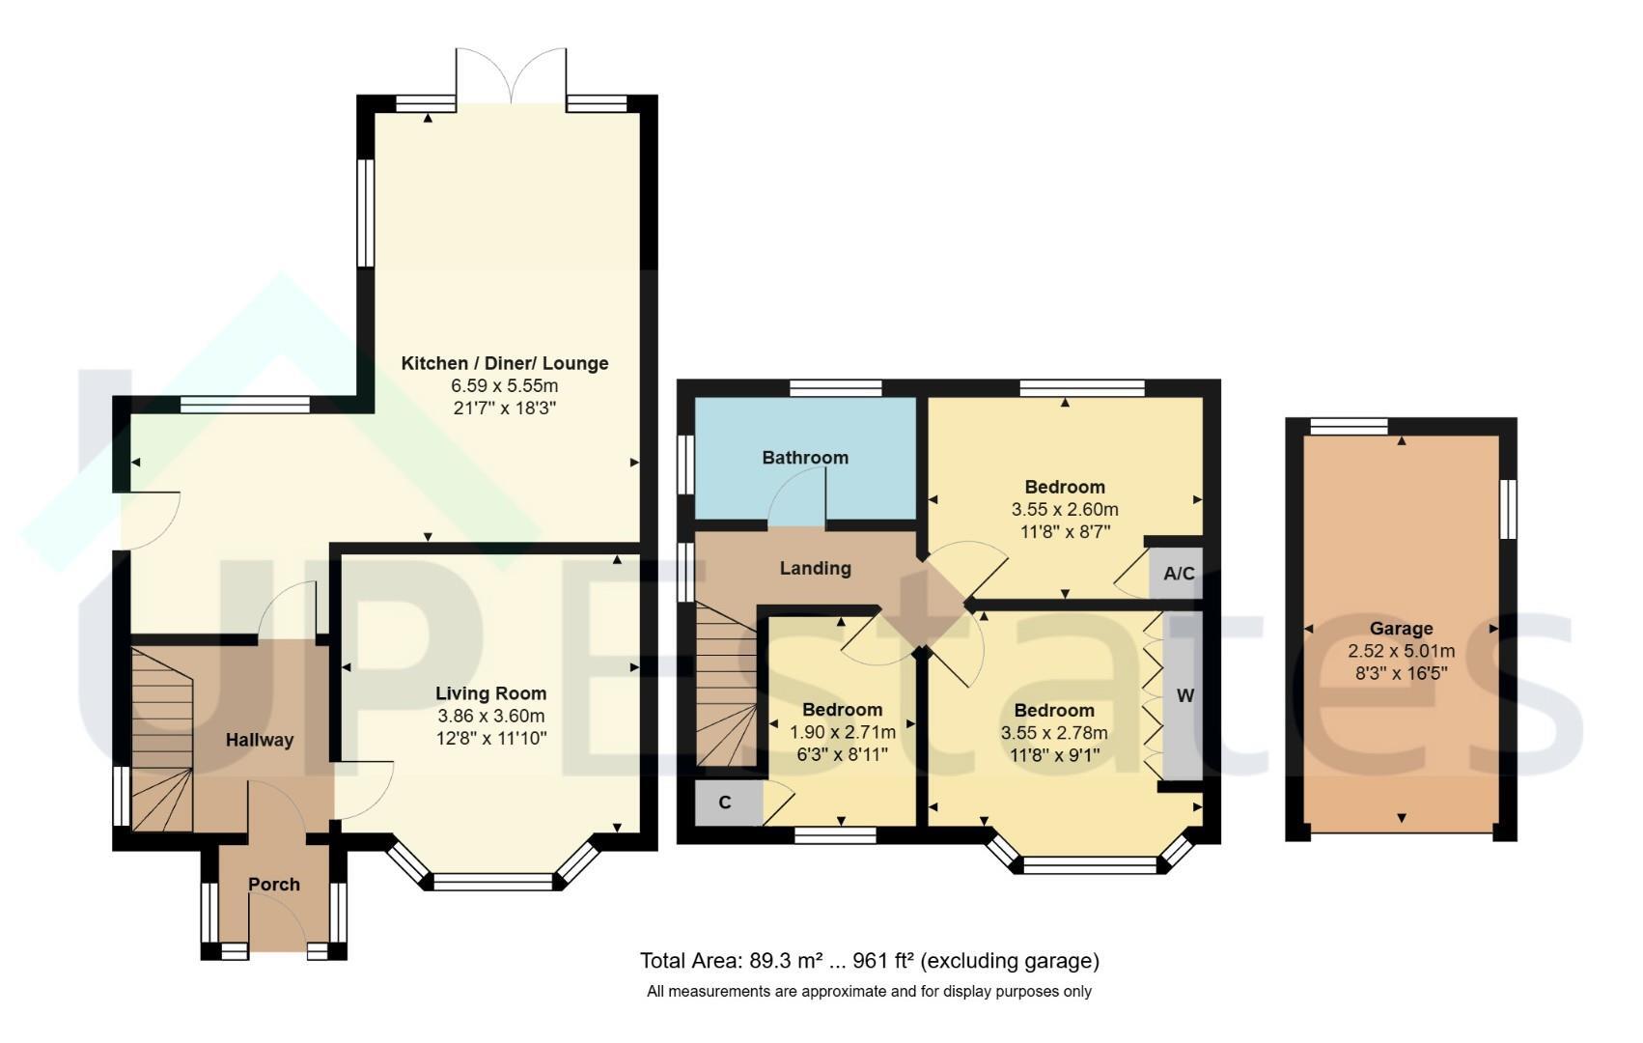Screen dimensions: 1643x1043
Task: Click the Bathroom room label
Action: [x=805, y=458]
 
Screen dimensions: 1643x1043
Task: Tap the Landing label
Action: [x=815, y=568]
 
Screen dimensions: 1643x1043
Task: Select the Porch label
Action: [x=273, y=885]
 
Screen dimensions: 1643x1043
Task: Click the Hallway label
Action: [x=260, y=740]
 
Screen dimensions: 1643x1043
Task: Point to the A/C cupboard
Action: [x=1176, y=573]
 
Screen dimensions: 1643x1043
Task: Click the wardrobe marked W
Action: [x=1182, y=695]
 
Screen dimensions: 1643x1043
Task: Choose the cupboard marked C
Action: [x=729, y=803]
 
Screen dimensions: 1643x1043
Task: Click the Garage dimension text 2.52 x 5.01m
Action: [x=1401, y=651]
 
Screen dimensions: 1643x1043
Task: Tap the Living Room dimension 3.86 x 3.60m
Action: [x=490, y=716]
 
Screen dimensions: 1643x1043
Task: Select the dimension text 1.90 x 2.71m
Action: [x=842, y=732]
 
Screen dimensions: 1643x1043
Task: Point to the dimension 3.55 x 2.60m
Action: [x=1065, y=509]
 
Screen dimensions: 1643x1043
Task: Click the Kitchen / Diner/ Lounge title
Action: [x=505, y=363]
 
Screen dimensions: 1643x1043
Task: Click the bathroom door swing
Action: [x=796, y=497]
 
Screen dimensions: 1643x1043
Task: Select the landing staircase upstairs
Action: [x=726, y=686]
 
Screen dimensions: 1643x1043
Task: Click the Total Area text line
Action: [x=869, y=961]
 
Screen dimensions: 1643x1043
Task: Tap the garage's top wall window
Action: [x=1349, y=427]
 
